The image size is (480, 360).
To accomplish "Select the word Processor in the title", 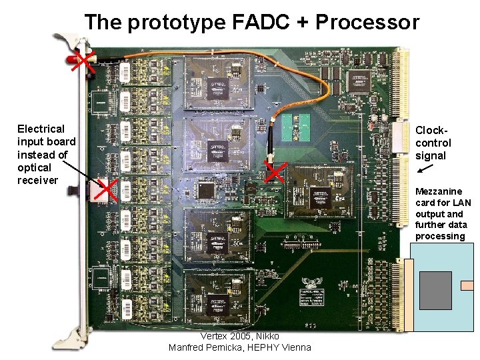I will (367, 23).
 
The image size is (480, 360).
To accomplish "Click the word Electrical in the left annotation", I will (41, 129).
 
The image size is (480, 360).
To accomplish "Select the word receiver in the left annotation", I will (38, 181).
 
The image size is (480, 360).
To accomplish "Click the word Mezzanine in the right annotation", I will (439, 191).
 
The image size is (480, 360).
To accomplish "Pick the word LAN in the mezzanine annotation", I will (461, 203).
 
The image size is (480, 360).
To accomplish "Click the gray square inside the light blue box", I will (435, 290).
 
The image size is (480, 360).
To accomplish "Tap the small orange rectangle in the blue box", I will (467, 285).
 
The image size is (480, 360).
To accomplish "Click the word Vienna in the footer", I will (295, 347).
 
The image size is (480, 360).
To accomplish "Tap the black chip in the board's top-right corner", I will (361, 80).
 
